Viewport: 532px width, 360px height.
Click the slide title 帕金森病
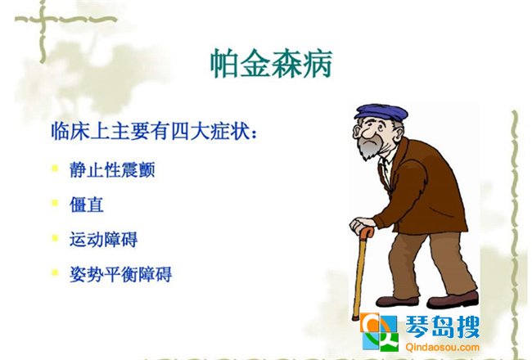point(271,64)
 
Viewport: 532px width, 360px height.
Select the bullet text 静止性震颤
point(112,169)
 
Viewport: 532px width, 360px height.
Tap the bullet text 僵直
point(87,205)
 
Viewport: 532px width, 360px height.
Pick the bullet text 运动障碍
point(103,239)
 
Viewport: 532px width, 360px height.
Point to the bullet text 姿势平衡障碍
point(121,274)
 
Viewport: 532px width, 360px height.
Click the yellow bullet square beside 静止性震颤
point(55,168)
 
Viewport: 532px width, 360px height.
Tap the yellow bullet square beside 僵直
point(55,203)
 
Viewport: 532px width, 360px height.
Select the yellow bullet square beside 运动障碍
point(55,238)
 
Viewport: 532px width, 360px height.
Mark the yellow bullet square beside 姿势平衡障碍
point(55,272)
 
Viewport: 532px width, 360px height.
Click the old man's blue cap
point(381,112)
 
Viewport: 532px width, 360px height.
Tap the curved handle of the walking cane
point(367,232)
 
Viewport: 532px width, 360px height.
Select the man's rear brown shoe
point(453,299)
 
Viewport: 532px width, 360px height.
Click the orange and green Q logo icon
point(379,332)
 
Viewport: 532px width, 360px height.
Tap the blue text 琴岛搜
point(442,327)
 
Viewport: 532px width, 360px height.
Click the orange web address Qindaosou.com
point(442,347)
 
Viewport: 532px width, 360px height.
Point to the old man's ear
point(356,133)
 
